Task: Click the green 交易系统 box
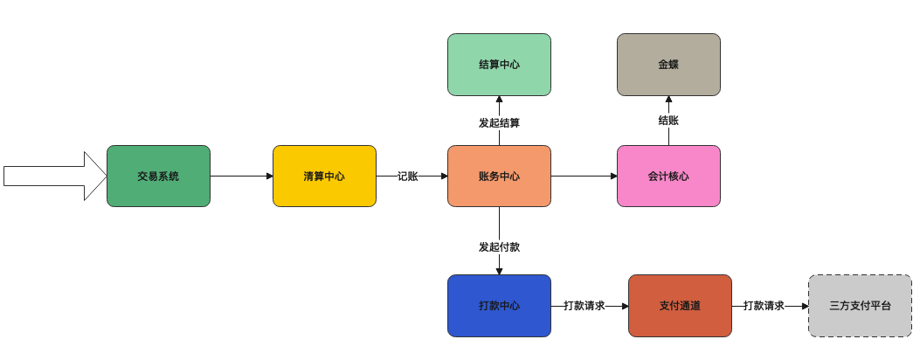(158, 176)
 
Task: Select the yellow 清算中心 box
(324, 176)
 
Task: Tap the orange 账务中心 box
(499, 176)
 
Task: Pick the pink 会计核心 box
(668, 176)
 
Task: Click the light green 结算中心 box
(499, 64)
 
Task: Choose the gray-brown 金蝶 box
(668, 64)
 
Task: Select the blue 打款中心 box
(499, 306)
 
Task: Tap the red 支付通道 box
(680, 306)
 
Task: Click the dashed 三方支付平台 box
(860, 306)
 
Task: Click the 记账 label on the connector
(407, 176)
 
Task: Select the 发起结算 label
(499, 123)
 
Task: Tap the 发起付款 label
(499, 247)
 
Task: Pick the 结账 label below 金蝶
(668, 121)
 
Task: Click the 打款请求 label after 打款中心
(585, 306)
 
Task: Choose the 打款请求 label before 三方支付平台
(764, 306)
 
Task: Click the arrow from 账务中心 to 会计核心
(584, 176)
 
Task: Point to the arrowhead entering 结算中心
(499, 100)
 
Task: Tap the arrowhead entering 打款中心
(499, 271)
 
